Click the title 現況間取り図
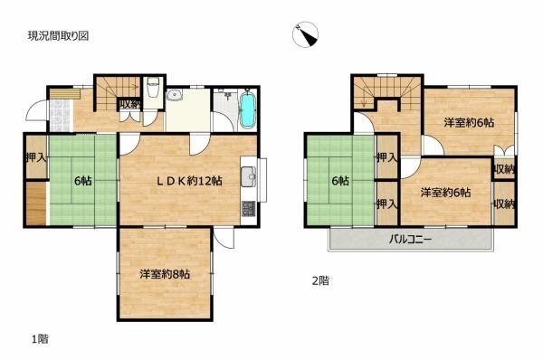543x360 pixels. (58, 36)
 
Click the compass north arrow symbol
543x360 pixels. (308, 35)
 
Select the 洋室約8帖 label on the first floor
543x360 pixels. (164, 273)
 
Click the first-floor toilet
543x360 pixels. (154, 91)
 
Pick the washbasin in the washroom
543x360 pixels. (176, 99)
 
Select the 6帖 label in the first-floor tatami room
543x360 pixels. (82, 179)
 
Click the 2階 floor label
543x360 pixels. (319, 281)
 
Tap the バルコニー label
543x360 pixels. (411, 240)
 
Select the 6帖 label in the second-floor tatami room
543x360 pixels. (339, 181)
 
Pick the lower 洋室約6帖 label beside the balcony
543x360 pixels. (444, 192)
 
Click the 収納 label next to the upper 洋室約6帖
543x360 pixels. (504, 169)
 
